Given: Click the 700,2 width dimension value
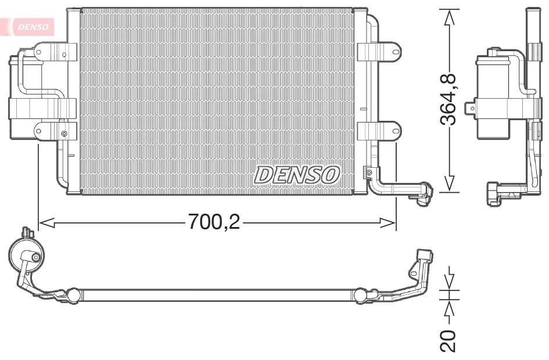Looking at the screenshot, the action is pyautogui.click(x=214, y=221).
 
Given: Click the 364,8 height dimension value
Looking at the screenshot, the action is pyautogui.click(x=448, y=99).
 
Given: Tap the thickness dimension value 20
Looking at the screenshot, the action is pyautogui.click(x=448, y=340).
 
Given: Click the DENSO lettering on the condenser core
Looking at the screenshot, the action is pyautogui.click(x=297, y=175).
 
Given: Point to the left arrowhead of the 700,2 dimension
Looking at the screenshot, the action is pyautogui.click(x=46, y=222).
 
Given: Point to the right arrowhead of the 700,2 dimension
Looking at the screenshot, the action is pyautogui.click(x=388, y=222).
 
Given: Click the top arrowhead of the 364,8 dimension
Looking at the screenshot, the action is pyautogui.click(x=449, y=17).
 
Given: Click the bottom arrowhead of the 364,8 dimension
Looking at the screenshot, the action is pyautogui.click(x=449, y=183).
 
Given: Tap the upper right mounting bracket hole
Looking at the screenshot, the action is pyautogui.click(x=396, y=52).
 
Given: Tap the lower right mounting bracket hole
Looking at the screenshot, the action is pyautogui.click(x=396, y=131).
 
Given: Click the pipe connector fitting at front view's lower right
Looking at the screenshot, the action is pyautogui.click(x=424, y=194).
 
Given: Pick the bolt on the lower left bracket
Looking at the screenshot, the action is pyautogui.click(x=64, y=134).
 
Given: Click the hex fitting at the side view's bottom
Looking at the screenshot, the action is pyautogui.click(x=493, y=193).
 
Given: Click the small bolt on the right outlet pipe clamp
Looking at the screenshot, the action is pyautogui.click(x=369, y=172).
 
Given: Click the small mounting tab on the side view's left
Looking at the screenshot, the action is pyautogui.click(x=470, y=109).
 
